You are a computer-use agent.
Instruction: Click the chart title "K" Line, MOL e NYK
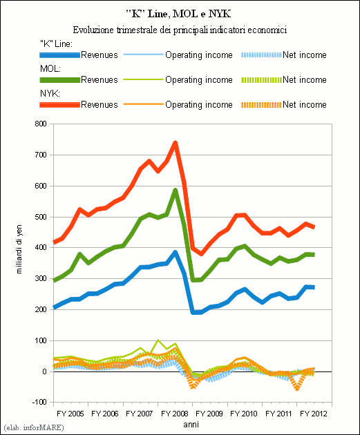(x=178, y=14)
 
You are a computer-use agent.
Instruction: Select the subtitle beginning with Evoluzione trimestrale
(x=180, y=30)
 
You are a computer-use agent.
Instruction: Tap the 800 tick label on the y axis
(x=41, y=124)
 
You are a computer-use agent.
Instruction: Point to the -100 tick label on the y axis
(x=39, y=402)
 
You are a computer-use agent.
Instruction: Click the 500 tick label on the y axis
(x=41, y=217)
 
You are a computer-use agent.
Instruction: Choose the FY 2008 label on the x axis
(x=175, y=414)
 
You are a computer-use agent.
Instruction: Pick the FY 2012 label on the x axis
(x=314, y=414)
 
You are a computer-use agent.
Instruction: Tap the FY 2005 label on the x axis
(x=70, y=414)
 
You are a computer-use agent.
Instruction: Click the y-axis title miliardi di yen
(x=19, y=249)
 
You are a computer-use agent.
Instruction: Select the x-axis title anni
(x=191, y=425)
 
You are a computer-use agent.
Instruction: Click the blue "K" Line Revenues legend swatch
(x=59, y=55)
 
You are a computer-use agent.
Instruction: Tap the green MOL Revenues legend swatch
(x=59, y=80)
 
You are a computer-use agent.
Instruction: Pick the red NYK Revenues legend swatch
(x=59, y=104)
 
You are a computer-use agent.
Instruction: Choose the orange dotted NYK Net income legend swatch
(x=261, y=105)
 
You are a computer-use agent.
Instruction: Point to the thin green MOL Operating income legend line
(x=143, y=79)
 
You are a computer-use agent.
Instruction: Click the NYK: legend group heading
(x=50, y=93)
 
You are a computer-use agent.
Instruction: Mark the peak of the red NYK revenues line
(x=176, y=143)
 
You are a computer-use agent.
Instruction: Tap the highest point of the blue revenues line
(x=176, y=252)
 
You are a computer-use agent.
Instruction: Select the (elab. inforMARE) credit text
(x=34, y=427)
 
